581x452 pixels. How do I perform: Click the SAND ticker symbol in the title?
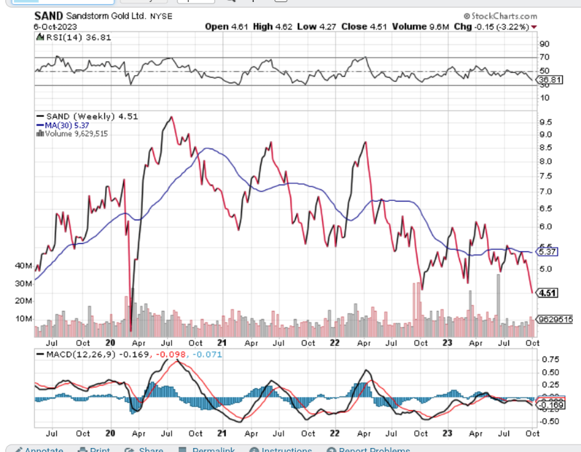coord(49,14)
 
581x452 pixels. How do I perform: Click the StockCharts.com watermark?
coord(500,15)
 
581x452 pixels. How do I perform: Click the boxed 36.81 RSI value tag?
coord(549,80)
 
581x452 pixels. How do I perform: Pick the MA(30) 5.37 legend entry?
coord(62,125)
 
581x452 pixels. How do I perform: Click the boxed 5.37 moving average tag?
coord(549,252)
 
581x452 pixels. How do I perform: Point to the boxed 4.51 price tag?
coord(549,293)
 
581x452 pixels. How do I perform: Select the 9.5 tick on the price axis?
coord(546,122)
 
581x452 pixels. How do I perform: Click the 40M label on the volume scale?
coord(23,266)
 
